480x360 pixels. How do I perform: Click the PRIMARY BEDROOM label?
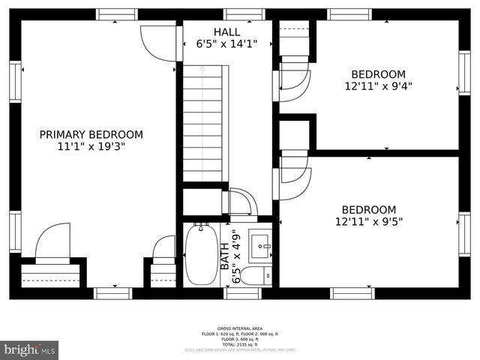[91, 134]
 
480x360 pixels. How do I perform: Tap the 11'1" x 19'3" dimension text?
[91, 146]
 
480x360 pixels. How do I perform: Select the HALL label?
[226, 31]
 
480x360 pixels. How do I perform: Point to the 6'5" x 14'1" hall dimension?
[226, 43]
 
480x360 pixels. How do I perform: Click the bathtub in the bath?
[201, 254]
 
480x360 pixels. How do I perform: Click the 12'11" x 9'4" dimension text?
[379, 86]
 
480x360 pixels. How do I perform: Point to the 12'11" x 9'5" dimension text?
[368, 221]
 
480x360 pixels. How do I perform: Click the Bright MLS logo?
[30, 349]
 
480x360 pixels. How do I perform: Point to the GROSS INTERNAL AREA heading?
[239, 328]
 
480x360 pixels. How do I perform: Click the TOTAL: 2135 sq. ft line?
[239, 343]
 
